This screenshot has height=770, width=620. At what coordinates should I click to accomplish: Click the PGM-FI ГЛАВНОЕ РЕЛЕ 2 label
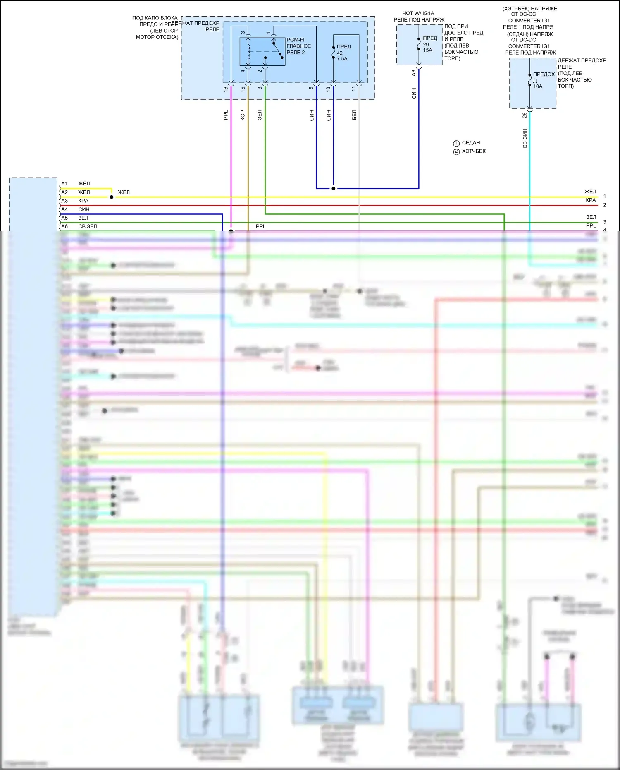(298, 46)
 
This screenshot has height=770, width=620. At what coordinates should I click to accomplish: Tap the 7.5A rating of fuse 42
(342, 59)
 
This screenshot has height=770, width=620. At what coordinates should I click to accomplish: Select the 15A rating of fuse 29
(427, 50)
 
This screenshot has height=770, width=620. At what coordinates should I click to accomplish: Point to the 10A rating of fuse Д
(537, 86)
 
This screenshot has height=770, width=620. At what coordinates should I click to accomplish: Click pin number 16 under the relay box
(226, 89)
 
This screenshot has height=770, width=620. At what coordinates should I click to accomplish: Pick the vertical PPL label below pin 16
(226, 115)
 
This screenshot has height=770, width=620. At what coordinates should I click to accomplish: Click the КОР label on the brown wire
(243, 115)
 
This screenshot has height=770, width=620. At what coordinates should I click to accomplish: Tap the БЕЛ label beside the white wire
(354, 115)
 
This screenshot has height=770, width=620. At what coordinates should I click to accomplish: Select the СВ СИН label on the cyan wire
(525, 138)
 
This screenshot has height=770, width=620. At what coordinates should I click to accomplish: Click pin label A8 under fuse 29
(414, 73)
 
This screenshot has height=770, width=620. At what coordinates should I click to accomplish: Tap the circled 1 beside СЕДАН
(456, 143)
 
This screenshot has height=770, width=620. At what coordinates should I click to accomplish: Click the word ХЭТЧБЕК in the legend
(474, 151)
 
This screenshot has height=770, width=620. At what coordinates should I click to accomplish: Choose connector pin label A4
(64, 209)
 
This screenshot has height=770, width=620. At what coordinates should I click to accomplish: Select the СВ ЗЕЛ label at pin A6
(88, 226)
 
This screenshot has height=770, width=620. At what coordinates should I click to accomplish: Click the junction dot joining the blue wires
(334, 188)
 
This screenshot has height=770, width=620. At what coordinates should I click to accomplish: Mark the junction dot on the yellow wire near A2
(112, 197)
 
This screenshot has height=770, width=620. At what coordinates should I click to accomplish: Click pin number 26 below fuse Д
(525, 115)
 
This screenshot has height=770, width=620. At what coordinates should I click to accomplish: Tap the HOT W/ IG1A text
(418, 14)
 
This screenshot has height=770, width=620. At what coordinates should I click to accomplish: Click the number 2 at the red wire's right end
(604, 205)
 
